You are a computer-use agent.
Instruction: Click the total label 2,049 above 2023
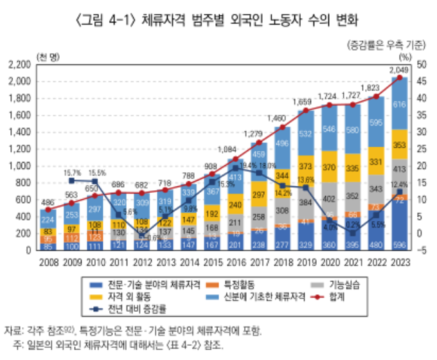399,69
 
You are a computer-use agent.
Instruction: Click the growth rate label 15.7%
72,173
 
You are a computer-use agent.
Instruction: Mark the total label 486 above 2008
47,201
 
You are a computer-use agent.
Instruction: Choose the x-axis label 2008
47,262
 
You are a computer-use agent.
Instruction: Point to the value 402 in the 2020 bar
330,197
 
